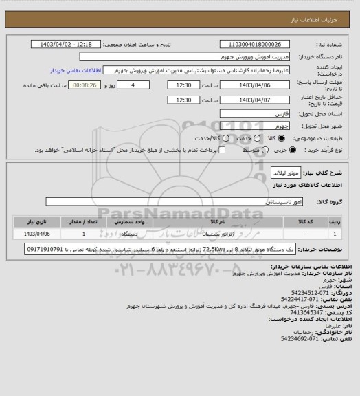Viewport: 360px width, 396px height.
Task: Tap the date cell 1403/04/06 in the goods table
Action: click(x=37, y=234)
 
